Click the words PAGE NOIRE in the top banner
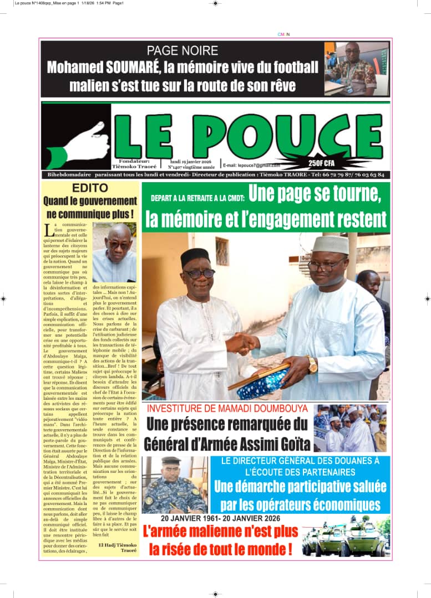pyautogui.click(x=182, y=51)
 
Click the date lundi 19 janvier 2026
pyautogui.click(x=190, y=161)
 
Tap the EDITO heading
pyautogui.click(x=90, y=188)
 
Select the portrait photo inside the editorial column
pyautogui.click(x=114, y=252)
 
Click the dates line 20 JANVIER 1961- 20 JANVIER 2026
pyautogui.click(x=221, y=518)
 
